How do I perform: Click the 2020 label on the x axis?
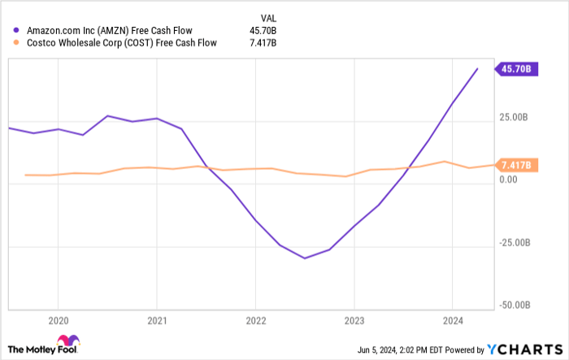(58, 319)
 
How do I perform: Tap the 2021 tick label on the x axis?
(156, 319)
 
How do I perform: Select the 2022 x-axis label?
(255, 319)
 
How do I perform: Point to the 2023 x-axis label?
(354, 319)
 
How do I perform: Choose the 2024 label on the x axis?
(453, 319)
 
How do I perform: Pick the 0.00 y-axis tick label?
(510, 180)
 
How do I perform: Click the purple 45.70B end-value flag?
(516, 69)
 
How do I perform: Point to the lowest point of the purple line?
(305, 258)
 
